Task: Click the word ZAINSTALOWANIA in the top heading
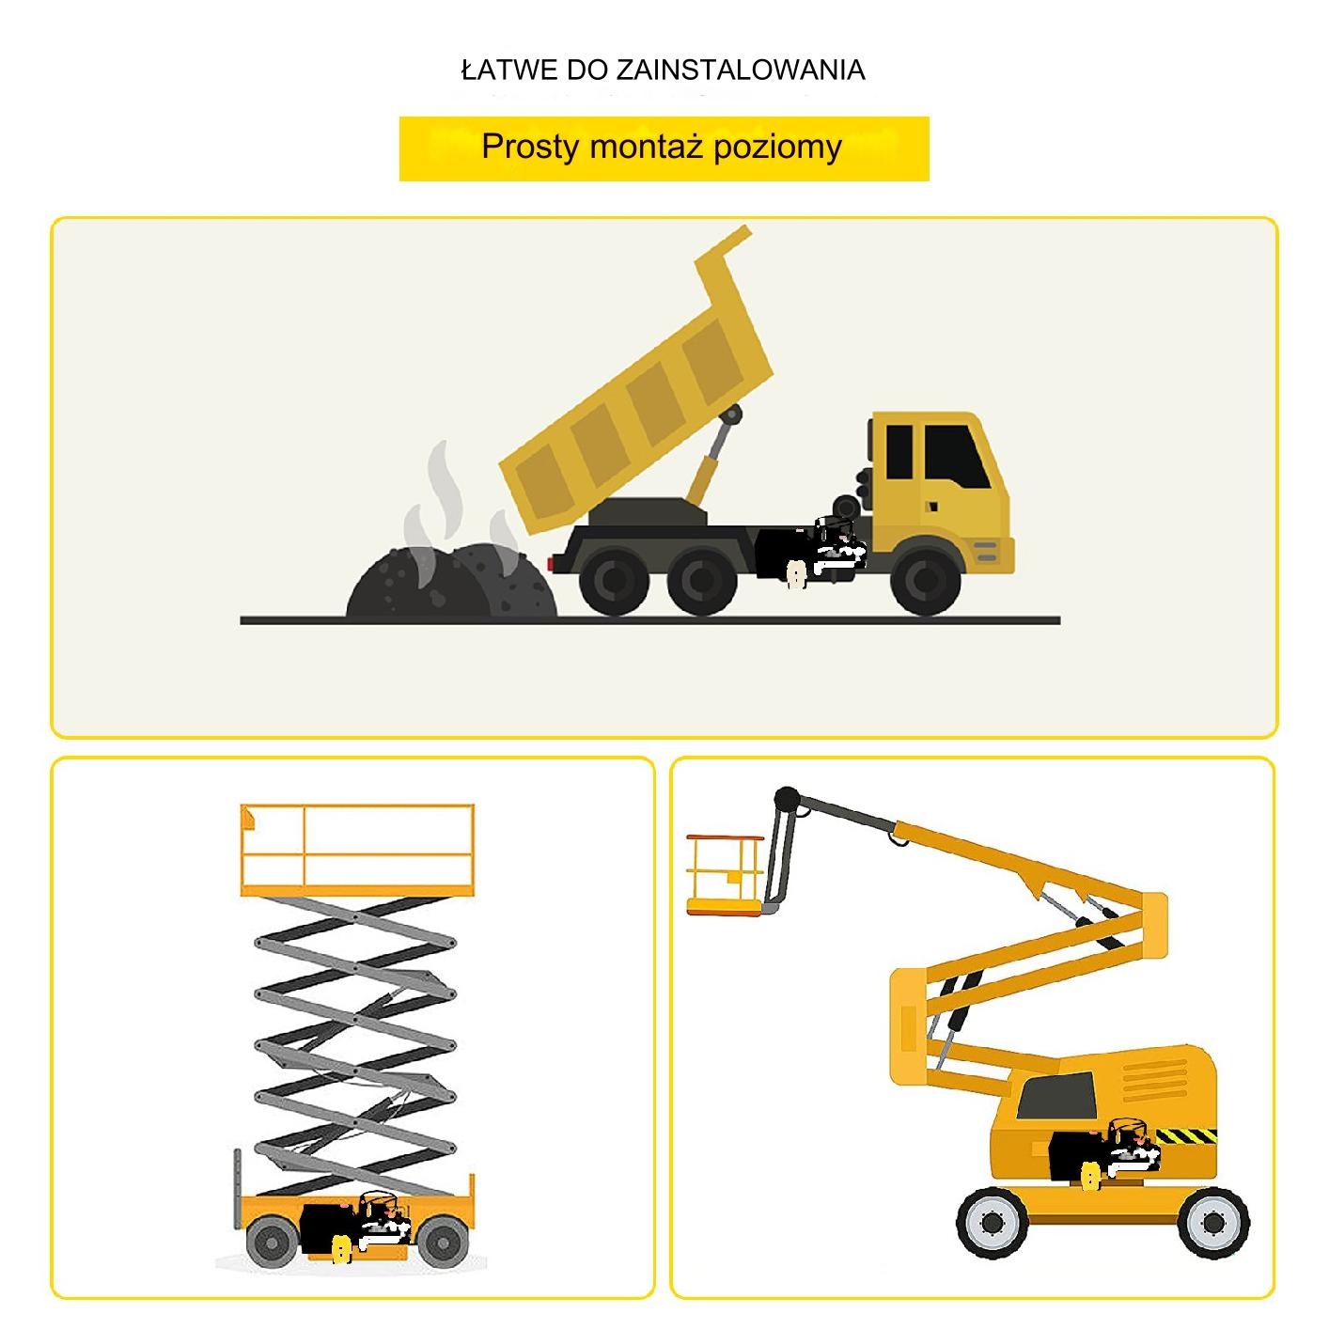(740, 70)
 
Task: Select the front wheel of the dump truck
(925, 581)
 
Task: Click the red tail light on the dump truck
(551, 564)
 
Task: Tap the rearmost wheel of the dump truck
(613, 581)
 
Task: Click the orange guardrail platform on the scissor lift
(357, 850)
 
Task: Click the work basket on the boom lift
(727, 875)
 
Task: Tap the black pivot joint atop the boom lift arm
(787, 800)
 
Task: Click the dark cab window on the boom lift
(1056, 1097)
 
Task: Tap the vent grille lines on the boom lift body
(1154, 1081)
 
